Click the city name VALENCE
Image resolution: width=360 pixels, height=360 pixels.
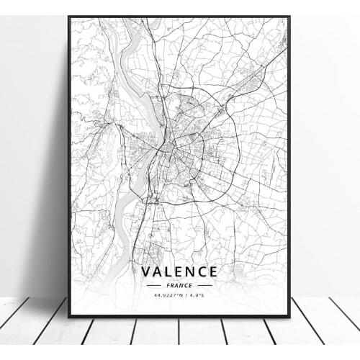point(179,271)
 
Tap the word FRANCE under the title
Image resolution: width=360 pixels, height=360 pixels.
point(179,284)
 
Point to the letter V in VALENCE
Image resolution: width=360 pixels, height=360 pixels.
point(147,271)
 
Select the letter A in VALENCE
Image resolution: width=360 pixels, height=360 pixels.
point(158,271)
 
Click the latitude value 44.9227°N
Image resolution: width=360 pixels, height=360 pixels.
point(164,294)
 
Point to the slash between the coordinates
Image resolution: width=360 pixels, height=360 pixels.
point(184,294)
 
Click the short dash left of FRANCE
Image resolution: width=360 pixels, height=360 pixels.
point(153,284)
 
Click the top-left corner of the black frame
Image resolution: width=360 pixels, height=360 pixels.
point(69,17)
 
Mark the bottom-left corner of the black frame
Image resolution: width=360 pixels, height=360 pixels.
point(69,316)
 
